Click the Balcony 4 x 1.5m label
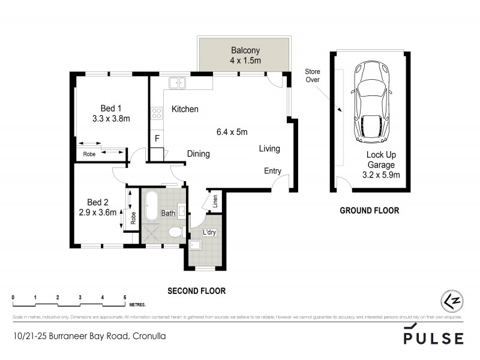click(x=245, y=56)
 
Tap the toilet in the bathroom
click(x=175, y=232)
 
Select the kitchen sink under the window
click(x=178, y=83)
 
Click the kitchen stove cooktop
click(x=157, y=112)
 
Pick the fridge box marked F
click(x=157, y=139)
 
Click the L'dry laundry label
click(x=209, y=232)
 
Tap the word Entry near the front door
click(x=272, y=171)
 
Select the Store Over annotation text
click(x=313, y=75)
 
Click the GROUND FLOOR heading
click(x=369, y=211)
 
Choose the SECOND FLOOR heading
click(x=196, y=291)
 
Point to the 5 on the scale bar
click(x=125, y=298)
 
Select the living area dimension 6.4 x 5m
click(x=232, y=132)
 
